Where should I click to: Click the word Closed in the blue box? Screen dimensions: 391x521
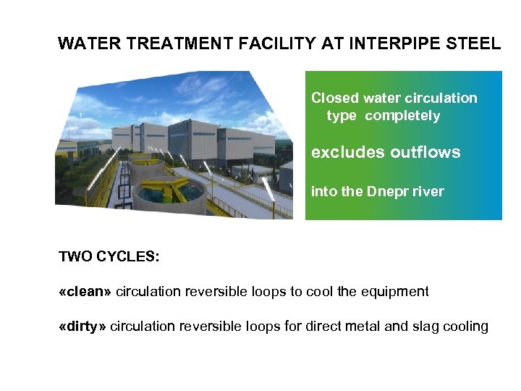pos(334,98)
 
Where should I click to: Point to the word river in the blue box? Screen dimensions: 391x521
pos(429,192)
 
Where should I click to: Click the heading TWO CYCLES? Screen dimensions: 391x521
pos(109,256)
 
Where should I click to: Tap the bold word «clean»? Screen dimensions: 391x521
pos(85,292)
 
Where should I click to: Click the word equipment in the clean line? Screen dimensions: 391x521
pos(395,292)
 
